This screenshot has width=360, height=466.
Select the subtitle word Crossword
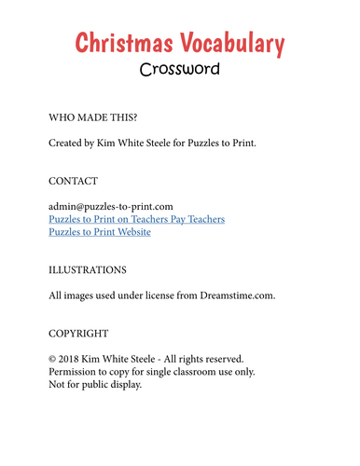point(180,69)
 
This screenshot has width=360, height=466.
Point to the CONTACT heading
point(74,180)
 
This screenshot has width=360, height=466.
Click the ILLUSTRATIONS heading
point(88,269)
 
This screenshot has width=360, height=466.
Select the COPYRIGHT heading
point(78,333)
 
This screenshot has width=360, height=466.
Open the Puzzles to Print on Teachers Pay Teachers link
point(137,219)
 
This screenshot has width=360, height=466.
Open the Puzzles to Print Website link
point(100,232)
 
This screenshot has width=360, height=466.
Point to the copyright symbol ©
point(52,359)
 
